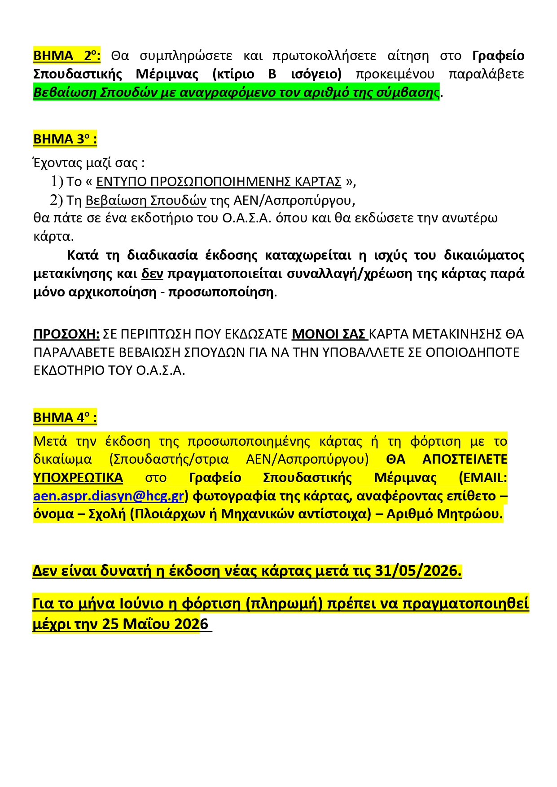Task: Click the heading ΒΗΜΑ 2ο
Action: (x=66, y=56)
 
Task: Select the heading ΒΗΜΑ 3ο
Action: (x=65, y=139)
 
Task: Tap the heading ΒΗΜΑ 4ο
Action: (x=65, y=417)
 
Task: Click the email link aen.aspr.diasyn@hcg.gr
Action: (x=109, y=496)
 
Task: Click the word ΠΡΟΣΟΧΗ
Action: (x=66, y=334)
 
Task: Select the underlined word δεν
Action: (x=152, y=274)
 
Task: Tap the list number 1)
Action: (x=57, y=182)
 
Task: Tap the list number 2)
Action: (x=57, y=200)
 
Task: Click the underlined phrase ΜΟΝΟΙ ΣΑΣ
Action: (x=329, y=334)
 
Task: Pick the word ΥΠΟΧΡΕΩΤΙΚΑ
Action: (x=78, y=478)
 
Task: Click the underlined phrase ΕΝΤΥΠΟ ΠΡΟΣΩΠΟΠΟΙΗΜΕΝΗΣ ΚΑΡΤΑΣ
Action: (x=219, y=182)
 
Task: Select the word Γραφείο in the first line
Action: (x=498, y=56)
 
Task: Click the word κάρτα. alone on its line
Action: (x=53, y=236)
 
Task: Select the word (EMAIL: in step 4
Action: (x=483, y=478)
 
